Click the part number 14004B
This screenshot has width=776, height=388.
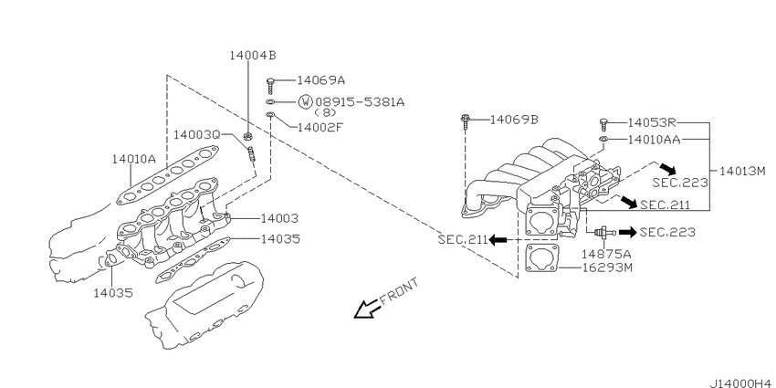pos(252,55)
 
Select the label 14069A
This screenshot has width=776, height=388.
pos(320,80)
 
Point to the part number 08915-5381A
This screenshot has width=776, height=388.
pos(360,102)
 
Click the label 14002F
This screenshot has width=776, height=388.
pos(320,127)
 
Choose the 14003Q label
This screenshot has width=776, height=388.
pos(196,134)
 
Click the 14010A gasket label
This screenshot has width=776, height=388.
pos(133,159)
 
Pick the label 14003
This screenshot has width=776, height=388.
pos(279,218)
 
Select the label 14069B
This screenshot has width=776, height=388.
pos(514,120)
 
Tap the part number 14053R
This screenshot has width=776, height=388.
pos(651,121)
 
